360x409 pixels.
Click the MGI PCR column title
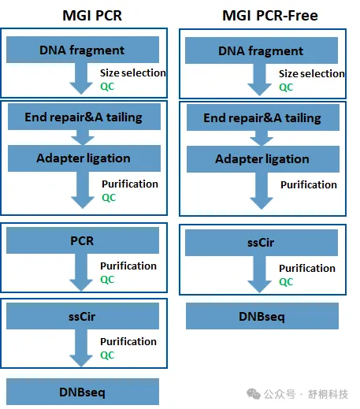(92, 16)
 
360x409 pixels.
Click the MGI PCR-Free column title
(270, 16)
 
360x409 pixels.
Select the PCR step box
(83, 240)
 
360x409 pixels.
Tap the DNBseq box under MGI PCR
(83, 392)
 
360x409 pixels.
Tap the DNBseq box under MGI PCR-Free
(262, 316)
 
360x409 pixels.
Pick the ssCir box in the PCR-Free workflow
(262, 243)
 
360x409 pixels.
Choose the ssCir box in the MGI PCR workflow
(83, 316)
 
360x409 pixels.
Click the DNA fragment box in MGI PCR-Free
(262, 50)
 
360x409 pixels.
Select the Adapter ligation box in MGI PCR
(84, 158)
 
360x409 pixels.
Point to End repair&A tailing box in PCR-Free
(263, 117)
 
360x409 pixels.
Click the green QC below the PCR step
(107, 280)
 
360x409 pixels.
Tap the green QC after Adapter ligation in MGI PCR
(109, 198)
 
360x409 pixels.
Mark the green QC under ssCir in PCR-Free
(286, 282)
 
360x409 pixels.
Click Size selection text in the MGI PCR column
(133, 73)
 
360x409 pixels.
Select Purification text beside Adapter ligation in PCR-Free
(309, 185)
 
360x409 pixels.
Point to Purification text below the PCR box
(128, 266)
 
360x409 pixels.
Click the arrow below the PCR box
(81, 272)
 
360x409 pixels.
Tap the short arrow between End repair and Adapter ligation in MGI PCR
(83, 137)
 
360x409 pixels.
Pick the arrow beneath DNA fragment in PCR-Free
(260, 80)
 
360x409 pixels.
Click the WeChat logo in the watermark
(254, 394)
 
